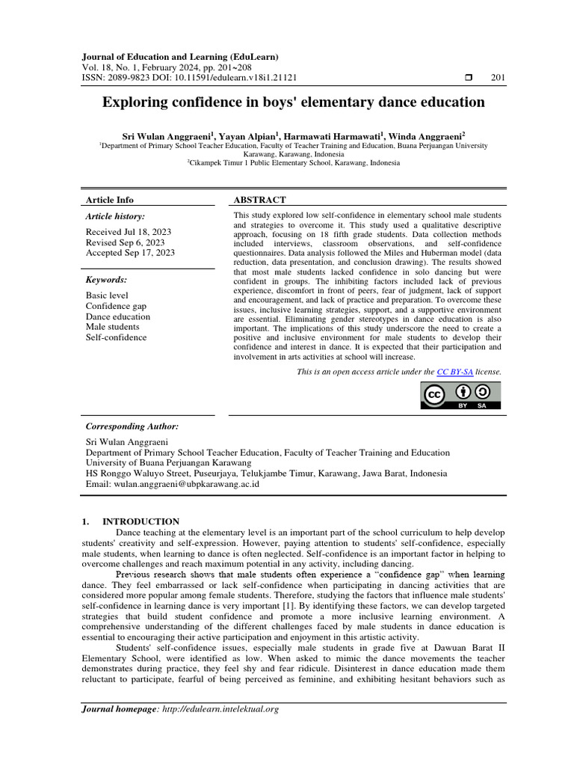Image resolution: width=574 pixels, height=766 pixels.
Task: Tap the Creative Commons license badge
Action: point(462,396)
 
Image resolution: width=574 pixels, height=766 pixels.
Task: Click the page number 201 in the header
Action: point(498,78)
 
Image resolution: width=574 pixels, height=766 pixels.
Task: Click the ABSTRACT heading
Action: point(259,200)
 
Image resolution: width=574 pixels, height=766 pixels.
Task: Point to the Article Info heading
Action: point(110,200)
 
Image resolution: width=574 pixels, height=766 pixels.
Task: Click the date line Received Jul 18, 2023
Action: point(129,232)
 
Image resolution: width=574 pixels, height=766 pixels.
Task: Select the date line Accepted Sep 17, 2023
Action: point(130,253)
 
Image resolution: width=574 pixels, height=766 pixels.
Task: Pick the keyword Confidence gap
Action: point(116,306)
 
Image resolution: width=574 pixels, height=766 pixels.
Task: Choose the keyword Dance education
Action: point(118,316)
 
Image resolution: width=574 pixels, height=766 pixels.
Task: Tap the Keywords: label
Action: point(107,280)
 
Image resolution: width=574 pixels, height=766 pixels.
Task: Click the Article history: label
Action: point(115,216)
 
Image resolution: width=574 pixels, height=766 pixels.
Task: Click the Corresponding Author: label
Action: point(132,426)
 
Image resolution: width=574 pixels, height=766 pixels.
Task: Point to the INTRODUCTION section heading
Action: point(141,521)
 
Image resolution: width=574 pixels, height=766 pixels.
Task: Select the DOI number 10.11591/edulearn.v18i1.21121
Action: point(223,78)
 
